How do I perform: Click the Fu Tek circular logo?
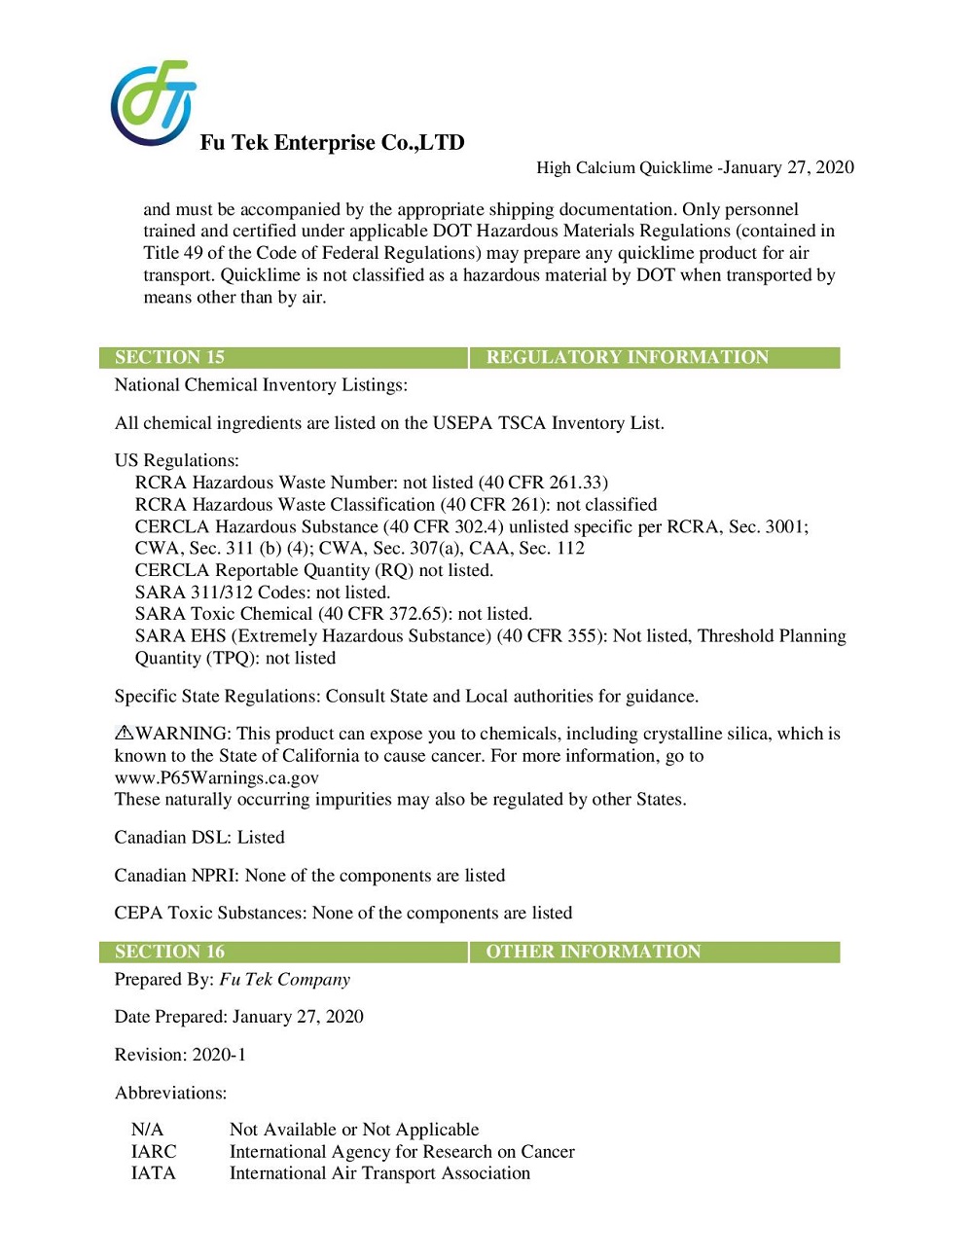tap(153, 103)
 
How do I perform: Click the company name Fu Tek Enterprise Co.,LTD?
tap(332, 143)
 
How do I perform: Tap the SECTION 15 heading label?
tap(169, 357)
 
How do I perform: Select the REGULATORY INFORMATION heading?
tap(627, 357)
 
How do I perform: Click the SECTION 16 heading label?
tap(169, 952)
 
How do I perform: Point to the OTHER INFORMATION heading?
tap(593, 952)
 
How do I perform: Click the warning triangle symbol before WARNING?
tap(124, 733)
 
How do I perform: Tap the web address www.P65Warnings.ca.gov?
tap(216, 777)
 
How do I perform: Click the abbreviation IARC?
tap(154, 1152)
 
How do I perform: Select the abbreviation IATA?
tap(154, 1173)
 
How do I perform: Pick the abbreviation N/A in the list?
tap(147, 1130)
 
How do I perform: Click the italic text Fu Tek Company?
tap(284, 980)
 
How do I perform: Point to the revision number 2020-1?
tap(219, 1055)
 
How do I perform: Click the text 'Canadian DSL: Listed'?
tap(199, 837)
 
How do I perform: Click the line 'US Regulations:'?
tap(176, 460)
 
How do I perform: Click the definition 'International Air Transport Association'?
tap(379, 1173)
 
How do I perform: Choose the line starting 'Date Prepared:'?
tap(238, 1017)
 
